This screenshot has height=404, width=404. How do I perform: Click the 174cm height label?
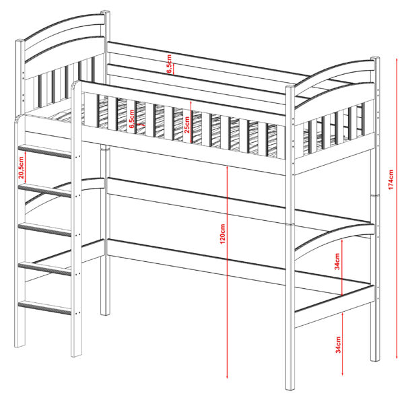coord(391,180)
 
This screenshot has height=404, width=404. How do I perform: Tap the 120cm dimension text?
coord(223,234)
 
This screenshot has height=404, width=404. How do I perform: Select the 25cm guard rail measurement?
coord(187,125)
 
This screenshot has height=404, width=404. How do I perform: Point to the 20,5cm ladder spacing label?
coord(21,168)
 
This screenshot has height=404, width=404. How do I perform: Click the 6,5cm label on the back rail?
coord(169,64)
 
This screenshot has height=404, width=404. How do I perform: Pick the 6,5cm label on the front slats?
coord(132,119)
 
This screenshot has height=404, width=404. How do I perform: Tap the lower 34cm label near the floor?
coord(338,345)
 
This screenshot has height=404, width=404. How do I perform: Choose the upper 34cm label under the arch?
coord(337,261)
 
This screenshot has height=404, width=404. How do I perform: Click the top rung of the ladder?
coord(44,151)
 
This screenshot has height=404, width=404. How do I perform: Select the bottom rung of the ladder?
coord(44,308)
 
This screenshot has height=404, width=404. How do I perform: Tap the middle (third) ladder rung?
coord(44,230)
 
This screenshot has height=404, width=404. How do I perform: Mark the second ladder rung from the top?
coord(44,190)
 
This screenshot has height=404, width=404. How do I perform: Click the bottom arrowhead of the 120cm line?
coord(227,376)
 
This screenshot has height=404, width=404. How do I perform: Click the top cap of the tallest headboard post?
coord(105,12)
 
